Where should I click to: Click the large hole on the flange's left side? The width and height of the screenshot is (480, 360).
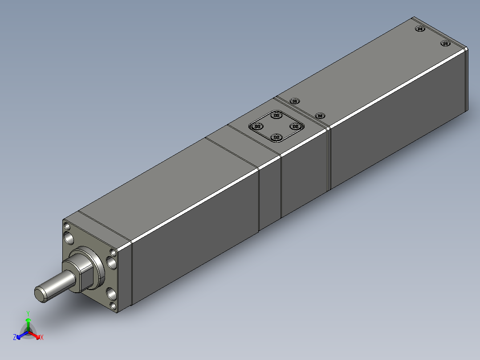69,238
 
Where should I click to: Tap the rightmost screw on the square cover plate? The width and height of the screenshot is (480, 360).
295,127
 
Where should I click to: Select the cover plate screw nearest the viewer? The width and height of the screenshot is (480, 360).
276,137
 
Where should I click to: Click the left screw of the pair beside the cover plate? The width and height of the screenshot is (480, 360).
294,101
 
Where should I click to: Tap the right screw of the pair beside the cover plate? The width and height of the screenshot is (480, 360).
320,115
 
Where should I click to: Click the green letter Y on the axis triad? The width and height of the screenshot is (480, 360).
28,313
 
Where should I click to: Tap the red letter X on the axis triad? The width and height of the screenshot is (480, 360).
42,337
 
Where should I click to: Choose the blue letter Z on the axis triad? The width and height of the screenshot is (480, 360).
15,337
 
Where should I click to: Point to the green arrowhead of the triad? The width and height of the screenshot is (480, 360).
28,320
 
